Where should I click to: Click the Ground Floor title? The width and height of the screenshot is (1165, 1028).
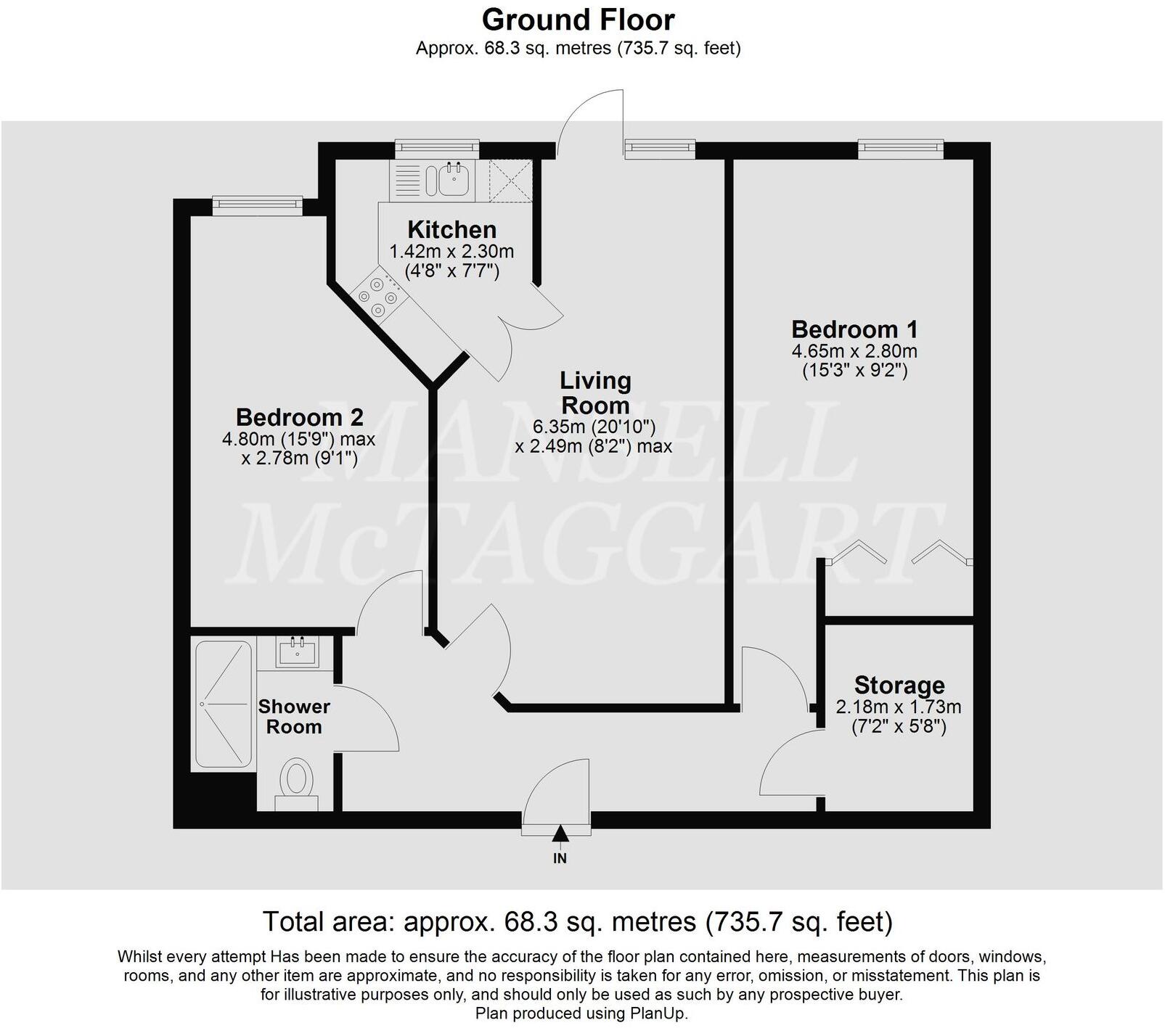click(x=578, y=20)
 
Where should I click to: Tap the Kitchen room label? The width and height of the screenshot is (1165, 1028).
click(x=451, y=229)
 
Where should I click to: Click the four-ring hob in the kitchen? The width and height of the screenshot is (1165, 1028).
click(x=377, y=297)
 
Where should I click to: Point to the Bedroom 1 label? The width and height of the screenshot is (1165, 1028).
click(x=854, y=329)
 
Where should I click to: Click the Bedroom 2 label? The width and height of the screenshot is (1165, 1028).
click(x=299, y=417)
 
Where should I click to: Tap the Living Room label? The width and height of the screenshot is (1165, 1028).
click(x=594, y=392)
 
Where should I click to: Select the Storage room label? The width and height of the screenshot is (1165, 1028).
click(x=899, y=685)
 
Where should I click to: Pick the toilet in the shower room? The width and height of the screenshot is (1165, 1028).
click(x=296, y=781)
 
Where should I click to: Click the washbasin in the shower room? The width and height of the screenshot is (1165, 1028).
click(x=297, y=651)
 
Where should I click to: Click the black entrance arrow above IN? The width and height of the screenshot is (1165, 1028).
click(x=560, y=834)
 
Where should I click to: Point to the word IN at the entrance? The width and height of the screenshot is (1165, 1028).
click(x=560, y=859)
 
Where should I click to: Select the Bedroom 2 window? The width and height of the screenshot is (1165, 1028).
click(x=257, y=205)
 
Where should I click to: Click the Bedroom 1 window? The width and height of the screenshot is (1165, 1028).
click(x=901, y=149)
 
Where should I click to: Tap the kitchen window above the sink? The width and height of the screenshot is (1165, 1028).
click(x=437, y=149)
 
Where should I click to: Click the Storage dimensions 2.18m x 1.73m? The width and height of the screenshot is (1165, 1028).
click(x=899, y=707)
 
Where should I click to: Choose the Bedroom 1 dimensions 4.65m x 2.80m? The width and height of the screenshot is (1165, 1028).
click(x=854, y=351)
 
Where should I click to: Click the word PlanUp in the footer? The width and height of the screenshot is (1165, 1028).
click(x=661, y=1013)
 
